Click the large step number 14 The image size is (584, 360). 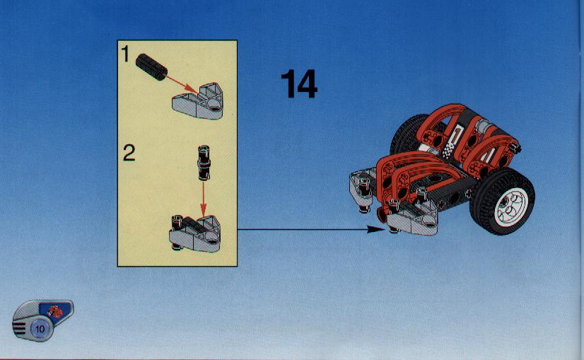298,84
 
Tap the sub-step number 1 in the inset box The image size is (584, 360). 126,54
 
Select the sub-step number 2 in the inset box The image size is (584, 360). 129,153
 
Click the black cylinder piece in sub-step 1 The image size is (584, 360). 151,66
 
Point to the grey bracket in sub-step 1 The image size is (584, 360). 198,102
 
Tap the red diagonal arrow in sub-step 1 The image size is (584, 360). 182,85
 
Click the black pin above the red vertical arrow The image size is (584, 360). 204,163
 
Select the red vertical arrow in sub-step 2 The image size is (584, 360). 203,199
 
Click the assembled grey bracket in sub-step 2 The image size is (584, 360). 195,233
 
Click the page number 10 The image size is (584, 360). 40,329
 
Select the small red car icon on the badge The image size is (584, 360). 55,311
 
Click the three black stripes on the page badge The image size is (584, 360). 18,329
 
